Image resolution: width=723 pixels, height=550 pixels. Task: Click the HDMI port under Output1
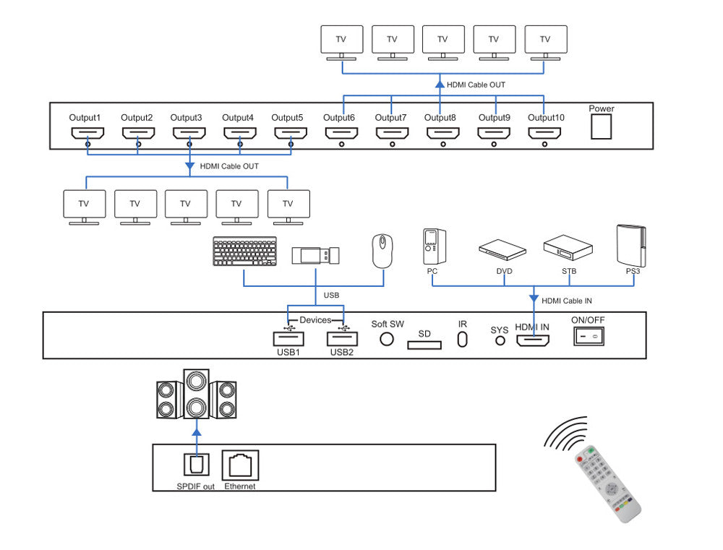(x=87, y=133)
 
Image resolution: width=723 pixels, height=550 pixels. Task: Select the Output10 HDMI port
(x=544, y=133)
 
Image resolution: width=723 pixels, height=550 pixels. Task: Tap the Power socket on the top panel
(x=601, y=126)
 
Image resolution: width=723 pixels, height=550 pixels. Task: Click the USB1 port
(x=288, y=338)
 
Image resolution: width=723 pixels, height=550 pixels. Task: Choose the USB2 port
(x=342, y=338)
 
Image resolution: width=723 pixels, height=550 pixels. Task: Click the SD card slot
(x=424, y=345)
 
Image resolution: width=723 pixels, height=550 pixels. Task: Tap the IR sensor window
(x=463, y=340)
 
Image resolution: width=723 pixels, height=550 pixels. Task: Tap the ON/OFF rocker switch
(x=589, y=336)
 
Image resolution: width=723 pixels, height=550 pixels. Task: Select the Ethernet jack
(x=240, y=464)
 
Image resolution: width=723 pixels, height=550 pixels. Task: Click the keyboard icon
(x=245, y=252)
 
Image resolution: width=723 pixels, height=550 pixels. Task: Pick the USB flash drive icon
(x=315, y=256)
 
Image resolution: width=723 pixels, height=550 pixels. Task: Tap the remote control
(x=607, y=482)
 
